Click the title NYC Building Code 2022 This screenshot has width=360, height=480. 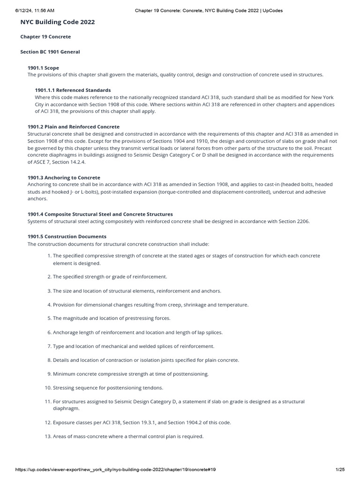(x=58, y=22)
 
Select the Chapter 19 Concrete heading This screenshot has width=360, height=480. (x=45, y=37)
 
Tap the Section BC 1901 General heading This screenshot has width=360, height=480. (x=50, y=52)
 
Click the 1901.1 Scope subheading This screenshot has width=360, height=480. (x=43, y=68)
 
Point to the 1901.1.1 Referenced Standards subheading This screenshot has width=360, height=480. (x=73, y=90)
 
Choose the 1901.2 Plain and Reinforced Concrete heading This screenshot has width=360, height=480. (x=74, y=127)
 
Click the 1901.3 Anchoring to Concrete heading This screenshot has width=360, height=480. (x=64, y=178)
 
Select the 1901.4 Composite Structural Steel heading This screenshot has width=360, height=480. (x=100, y=214)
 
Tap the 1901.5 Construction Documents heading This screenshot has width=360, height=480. (x=67, y=237)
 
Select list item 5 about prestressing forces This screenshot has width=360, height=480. (x=112, y=318)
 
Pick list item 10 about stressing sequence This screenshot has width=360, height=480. (x=108, y=388)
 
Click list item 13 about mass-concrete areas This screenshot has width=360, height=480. (x=128, y=436)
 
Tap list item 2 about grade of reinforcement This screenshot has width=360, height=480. (x=110, y=277)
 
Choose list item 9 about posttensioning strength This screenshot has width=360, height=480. (x=131, y=374)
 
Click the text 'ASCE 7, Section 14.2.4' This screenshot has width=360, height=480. (x=57, y=162)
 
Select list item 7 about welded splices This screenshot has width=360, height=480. (x=133, y=346)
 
